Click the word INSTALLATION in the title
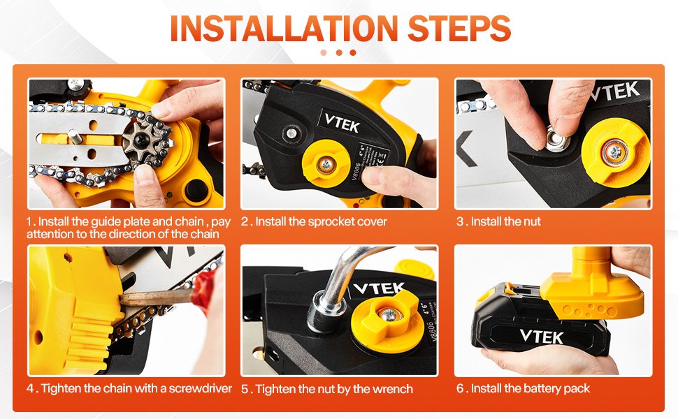click(284, 29)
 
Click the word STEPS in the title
click(459, 29)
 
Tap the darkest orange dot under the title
click(353, 52)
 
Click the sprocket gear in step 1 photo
click(142, 139)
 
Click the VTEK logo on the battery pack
click(542, 337)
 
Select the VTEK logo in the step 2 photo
click(342, 122)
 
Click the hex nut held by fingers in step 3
click(555, 140)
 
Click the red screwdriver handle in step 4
click(204, 288)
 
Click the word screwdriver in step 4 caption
click(200, 388)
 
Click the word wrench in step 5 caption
click(392, 389)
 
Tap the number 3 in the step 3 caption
click(460, 221)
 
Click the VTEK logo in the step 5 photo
click(380, 288)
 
